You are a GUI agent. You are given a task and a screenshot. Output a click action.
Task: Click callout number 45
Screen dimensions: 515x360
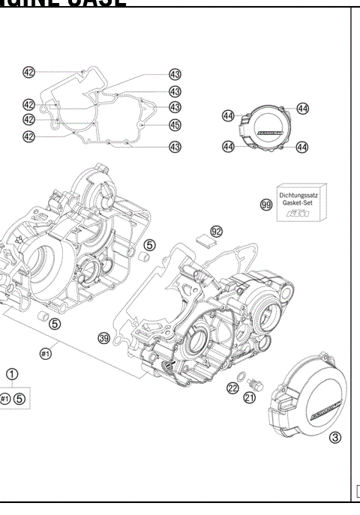tap(175, 125)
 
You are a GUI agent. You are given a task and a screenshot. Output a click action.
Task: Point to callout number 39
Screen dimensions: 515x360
tap(105, 338)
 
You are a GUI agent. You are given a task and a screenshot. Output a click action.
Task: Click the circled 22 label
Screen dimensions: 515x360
tap(232, 388)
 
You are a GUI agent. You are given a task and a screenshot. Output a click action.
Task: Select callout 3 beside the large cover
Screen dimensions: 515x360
tap(336, 438)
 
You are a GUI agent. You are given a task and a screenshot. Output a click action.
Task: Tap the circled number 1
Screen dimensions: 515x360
tap(13, 374)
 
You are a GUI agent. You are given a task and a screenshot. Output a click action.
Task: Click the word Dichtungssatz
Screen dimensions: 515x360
tap(298, 195)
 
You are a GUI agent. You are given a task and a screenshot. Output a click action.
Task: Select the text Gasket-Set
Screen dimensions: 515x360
tap(298, 202)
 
